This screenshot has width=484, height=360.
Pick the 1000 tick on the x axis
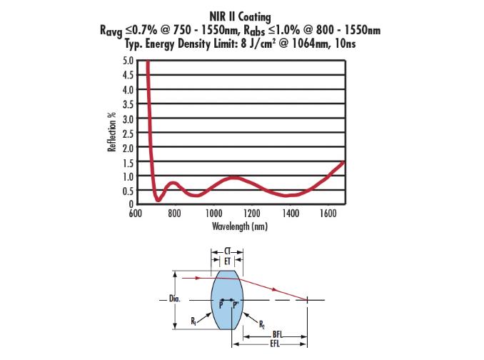213,213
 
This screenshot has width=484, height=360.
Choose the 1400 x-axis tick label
290,213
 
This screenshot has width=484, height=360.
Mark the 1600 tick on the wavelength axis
328,213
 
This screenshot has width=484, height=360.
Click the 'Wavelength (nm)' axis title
238,226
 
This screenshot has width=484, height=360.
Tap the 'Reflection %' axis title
111,133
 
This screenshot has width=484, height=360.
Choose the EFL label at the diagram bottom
276,344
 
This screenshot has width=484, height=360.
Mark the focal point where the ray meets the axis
308,300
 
